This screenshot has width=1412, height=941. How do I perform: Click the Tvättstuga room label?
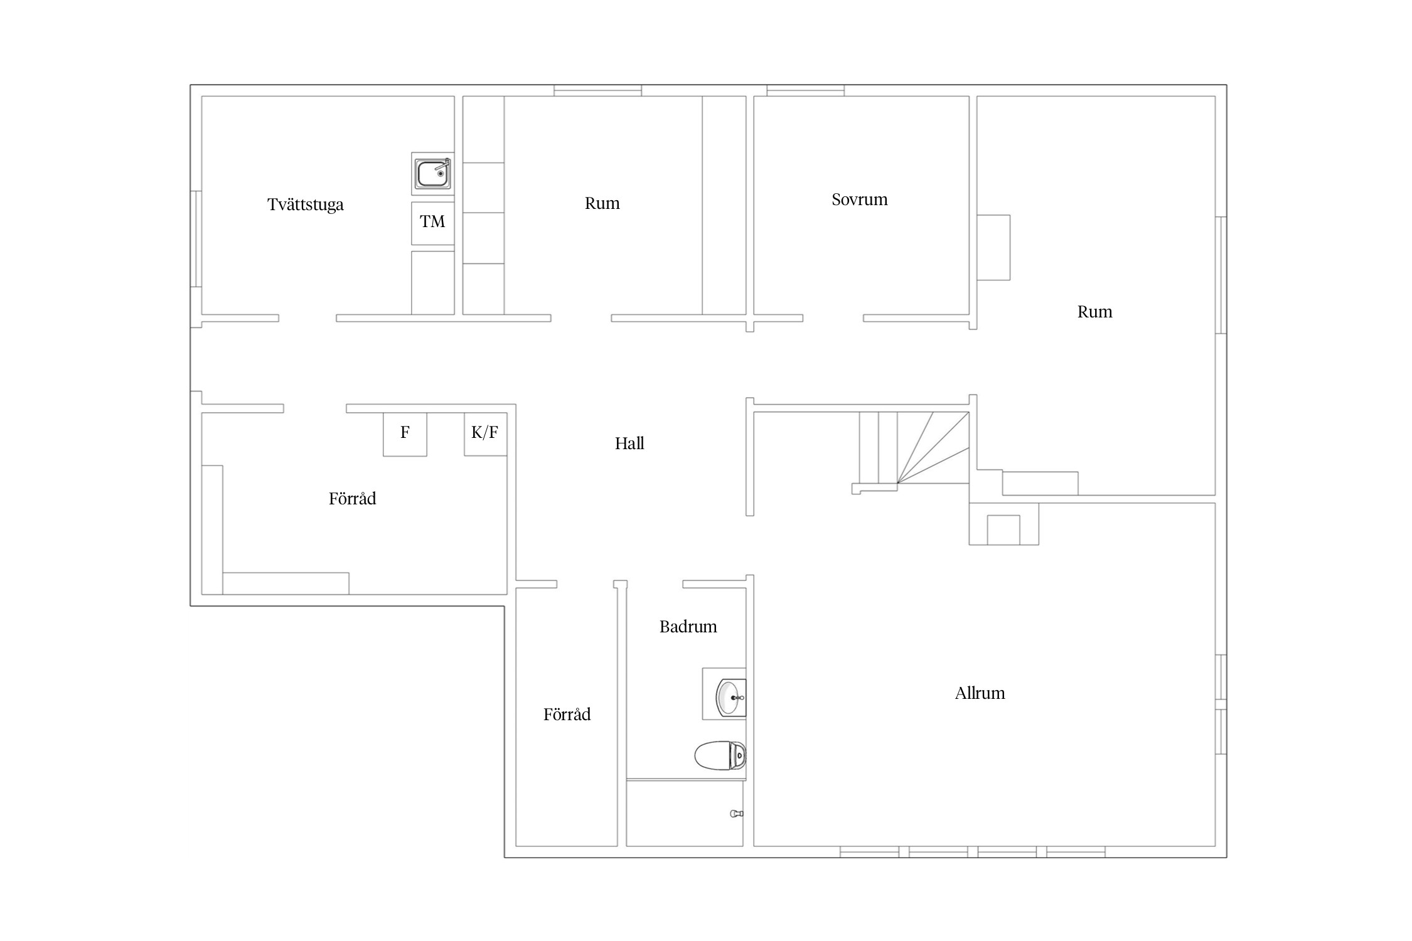pos(306,205)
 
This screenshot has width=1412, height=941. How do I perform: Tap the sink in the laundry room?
pos(433,173)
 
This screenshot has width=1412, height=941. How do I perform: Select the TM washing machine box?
pos(432,223)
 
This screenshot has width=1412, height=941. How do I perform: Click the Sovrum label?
pos(860,199)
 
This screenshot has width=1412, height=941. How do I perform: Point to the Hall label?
pos(629,444)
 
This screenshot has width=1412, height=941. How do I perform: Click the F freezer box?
pos(405,434)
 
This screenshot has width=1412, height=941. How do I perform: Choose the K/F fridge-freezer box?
pos(485,433)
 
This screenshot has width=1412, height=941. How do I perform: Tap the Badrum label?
pos(688,627)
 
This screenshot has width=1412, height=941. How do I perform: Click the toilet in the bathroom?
pos(720,755)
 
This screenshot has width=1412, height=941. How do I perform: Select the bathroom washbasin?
pos(730,697)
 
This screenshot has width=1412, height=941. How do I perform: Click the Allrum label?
pos(980,693)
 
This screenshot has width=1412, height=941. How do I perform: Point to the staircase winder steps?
pos(933,447)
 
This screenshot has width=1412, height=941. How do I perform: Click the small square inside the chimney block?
pos(1003,529)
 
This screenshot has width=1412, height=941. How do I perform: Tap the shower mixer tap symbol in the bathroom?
pos(737,814)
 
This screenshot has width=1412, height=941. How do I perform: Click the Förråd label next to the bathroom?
pos(567,715)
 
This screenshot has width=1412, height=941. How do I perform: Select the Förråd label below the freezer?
pos(352,499)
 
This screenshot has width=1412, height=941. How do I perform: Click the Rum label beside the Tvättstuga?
pos(602,203)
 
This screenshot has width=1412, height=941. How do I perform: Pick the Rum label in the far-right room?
pos(1094,312)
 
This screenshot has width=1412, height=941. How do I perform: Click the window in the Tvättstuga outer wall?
pos(196,239)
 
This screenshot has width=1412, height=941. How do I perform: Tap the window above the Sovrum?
pos(805,90)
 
